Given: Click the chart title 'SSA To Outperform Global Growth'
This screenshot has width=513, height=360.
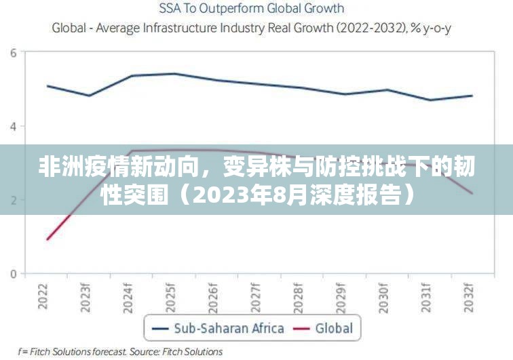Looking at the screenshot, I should (x=252, y=9).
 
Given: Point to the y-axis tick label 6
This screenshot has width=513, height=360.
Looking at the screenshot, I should (x=13, y=52).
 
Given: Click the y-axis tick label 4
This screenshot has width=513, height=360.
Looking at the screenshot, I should (x=13, y=126).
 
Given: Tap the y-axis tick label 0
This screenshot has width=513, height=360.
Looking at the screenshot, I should (x=13, y=274).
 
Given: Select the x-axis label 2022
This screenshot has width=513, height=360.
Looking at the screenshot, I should (x=44, y=296).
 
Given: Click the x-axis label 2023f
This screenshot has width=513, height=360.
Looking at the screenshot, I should (x=87, y=297).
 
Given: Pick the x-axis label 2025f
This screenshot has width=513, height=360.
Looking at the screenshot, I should (x=172, y=297).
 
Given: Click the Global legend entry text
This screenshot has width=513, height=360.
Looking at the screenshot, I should (x=334, y=329).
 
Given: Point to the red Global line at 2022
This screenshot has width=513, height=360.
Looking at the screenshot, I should (x=47, y=239).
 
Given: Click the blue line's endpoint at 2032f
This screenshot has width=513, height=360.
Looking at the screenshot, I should (x=472, y=96).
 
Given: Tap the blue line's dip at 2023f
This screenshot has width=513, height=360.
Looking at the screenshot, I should (x=90, y=96).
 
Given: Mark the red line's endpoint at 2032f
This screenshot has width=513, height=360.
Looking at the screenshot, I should (x=472, y=193).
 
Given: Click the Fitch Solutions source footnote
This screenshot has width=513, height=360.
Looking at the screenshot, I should (x=121, y=352).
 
